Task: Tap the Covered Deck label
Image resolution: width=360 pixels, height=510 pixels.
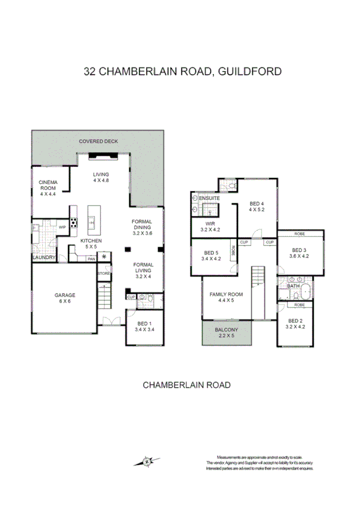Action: (99, 141)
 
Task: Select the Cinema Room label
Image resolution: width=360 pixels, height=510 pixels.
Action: (47, 188)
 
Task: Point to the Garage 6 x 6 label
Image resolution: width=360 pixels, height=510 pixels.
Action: (65, 298)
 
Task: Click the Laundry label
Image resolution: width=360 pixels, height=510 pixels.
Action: (44, 258)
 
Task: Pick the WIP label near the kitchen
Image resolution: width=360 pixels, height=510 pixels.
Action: (62, 227)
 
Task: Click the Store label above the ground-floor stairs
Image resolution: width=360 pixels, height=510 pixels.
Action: (105, 274)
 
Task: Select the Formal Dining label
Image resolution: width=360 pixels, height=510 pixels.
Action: (142, 225)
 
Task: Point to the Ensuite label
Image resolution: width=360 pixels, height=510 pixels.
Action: (209, 198)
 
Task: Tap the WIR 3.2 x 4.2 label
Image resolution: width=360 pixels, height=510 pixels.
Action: (210, 226)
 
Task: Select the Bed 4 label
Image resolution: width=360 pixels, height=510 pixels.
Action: (257, 207)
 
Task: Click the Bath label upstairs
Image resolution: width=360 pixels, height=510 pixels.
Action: (293, 286)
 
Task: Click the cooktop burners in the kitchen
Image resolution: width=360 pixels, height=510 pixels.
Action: (74, 222)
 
